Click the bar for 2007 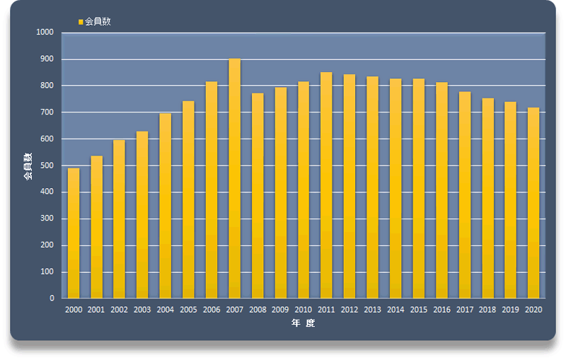[235, 178]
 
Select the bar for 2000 [74, 233]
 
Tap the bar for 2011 [326, 185]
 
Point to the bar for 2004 [166, 206]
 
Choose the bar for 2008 [258, 196]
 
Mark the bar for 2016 [441, 190]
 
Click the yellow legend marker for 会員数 [81, 22]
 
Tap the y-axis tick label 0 [52, 298]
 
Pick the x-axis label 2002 [120, 310]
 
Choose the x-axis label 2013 [372, 310]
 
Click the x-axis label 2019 [511, 310]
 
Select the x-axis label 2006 [212, 310]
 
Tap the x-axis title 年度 [304, 324]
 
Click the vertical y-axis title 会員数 [28, 166]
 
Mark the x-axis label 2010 [304, 310]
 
